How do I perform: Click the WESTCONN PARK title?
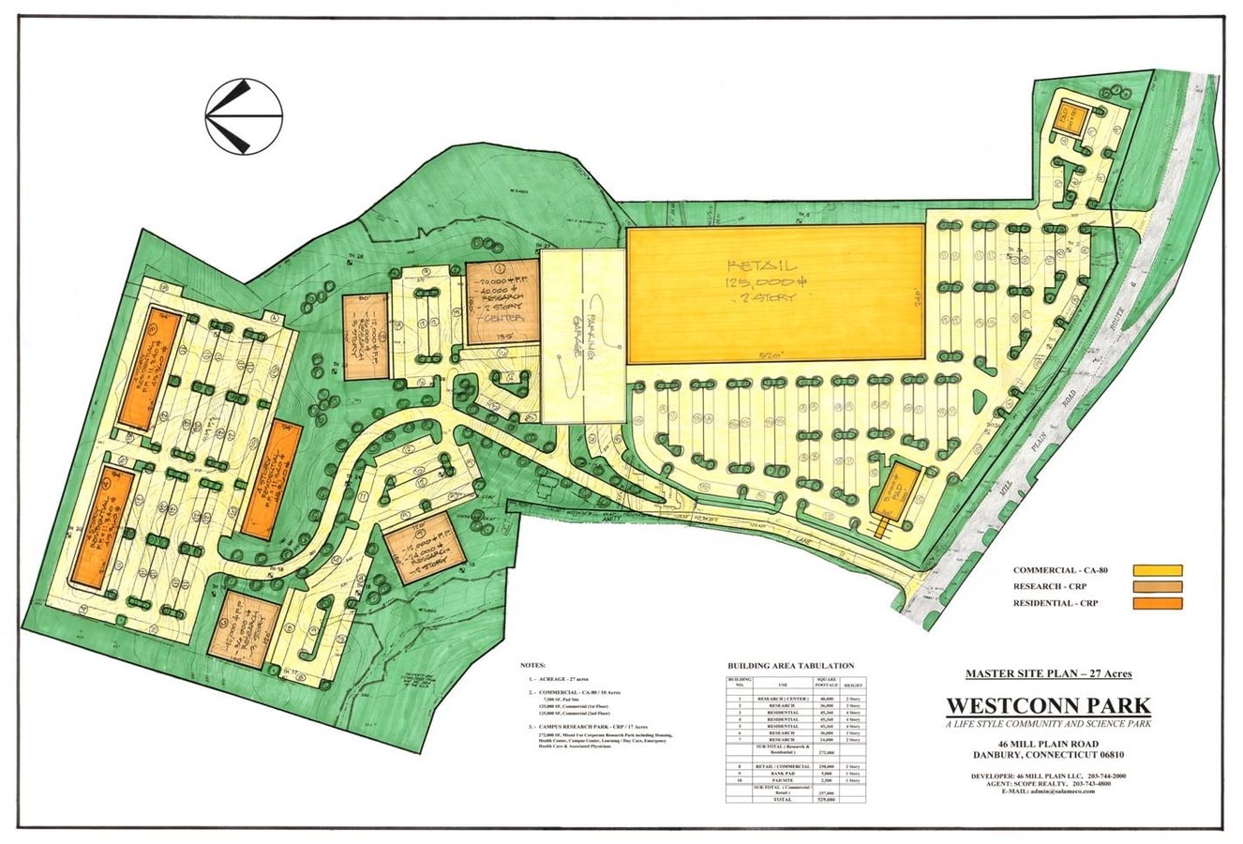coord(1048,704)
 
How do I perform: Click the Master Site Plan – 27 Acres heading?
coord(1048,673)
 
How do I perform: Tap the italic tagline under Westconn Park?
coord(1048,724)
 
